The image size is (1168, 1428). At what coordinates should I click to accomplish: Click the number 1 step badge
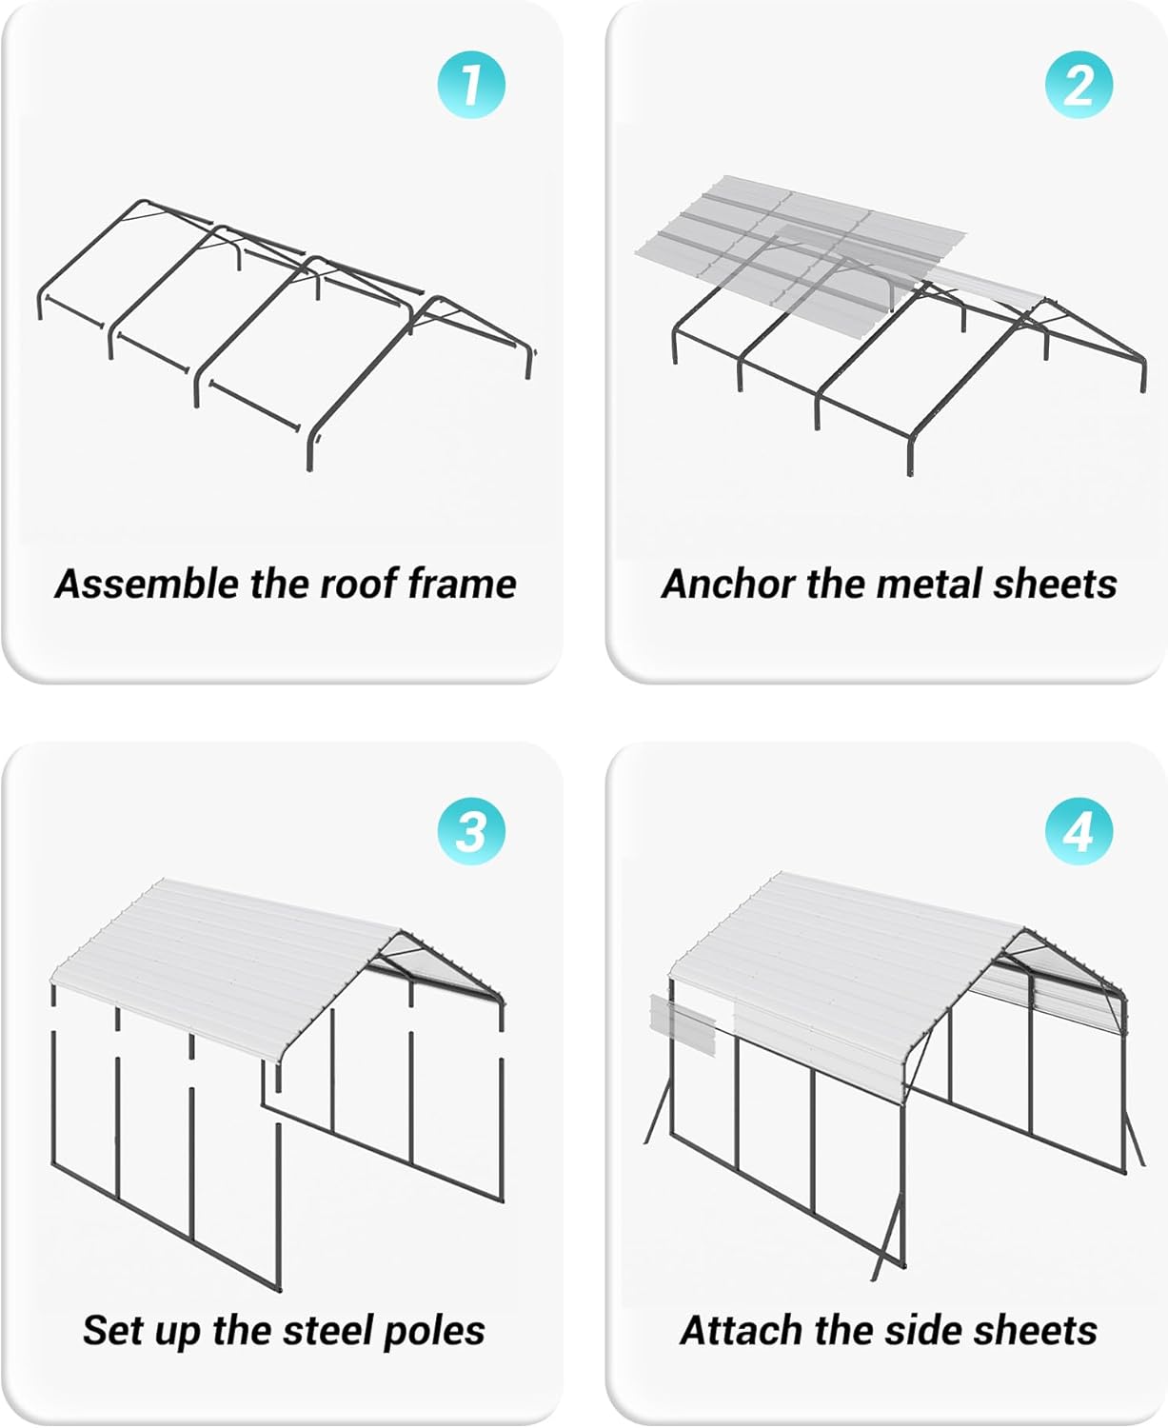click(470, 86)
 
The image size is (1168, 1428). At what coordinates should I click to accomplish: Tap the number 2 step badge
click(1079, 86)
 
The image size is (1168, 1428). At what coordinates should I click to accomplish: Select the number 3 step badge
click(470, 831)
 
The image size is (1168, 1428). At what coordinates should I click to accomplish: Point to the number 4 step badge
click(1079, 831)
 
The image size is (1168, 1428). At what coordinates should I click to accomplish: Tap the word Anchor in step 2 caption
click(728, 584)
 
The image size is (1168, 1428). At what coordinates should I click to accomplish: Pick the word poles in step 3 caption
click(433, 1330)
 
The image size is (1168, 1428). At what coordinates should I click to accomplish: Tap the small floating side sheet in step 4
click(682, 1023)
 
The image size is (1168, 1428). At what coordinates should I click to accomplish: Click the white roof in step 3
click(228, 962)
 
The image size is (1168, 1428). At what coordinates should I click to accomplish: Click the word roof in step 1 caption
click(358, 584)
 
